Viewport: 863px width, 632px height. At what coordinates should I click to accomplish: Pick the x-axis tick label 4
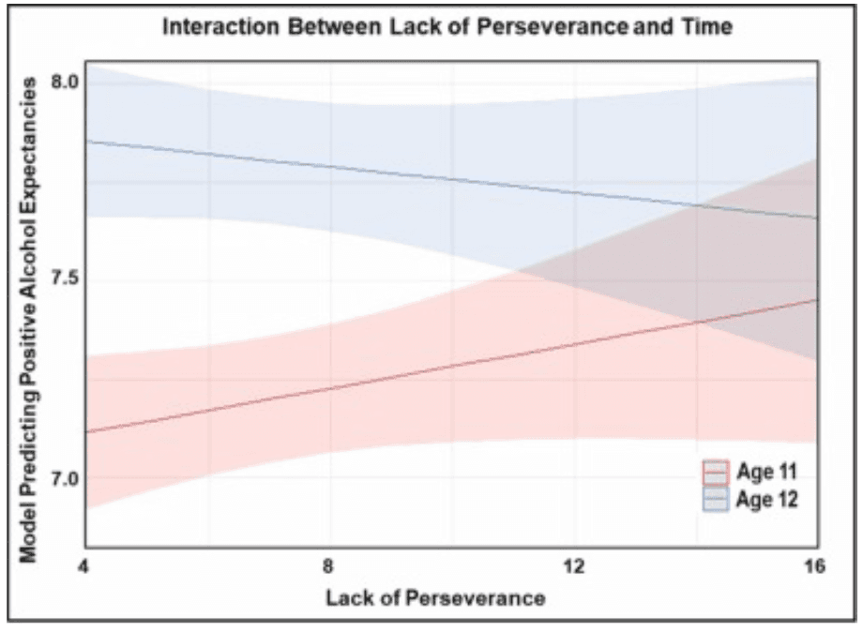point(85,566)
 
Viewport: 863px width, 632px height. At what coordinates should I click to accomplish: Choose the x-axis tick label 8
point(329,566)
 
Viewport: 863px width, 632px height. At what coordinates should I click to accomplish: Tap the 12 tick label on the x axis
point(573,566)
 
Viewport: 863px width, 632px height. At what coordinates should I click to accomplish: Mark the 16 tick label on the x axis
point(815,566)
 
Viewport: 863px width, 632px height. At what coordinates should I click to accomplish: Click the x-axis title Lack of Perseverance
point(435,597)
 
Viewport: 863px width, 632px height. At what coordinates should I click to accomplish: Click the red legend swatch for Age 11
point(717,472)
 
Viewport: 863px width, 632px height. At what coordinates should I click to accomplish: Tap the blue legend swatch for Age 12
point(717,499)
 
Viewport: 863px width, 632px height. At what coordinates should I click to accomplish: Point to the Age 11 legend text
point(767,472)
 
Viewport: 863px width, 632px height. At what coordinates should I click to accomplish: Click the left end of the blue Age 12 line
point(87,142)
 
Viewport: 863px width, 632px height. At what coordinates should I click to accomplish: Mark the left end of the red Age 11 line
point(87,431)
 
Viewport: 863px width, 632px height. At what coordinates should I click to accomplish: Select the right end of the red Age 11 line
point(818,300)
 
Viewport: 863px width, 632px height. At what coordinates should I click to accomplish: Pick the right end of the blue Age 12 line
point(818,218)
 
